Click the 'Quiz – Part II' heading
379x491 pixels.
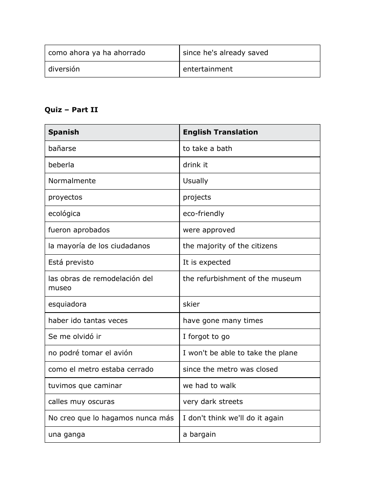pos(71,110)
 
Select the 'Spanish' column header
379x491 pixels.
pos(63,132)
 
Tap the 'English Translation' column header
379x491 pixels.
pos(220,132)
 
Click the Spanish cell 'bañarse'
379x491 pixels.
pos(62,148)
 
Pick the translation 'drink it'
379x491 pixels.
pos(195,165)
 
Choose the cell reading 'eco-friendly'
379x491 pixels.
pos(203,214)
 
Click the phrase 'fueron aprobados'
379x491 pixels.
pos(79,230)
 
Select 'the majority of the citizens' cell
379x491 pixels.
pos(230,246)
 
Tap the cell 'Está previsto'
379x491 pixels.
pos(71,262)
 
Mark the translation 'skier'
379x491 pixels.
pos(191,304)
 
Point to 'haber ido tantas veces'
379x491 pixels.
pos(88,321)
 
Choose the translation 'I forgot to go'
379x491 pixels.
pos(206,337)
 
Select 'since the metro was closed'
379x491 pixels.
pos(230,369)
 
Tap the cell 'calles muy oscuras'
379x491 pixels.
pos(81,402)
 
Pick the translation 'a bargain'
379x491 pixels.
pos(199,434)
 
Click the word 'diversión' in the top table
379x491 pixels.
pos(64,69)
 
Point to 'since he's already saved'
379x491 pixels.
pos(225,53)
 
